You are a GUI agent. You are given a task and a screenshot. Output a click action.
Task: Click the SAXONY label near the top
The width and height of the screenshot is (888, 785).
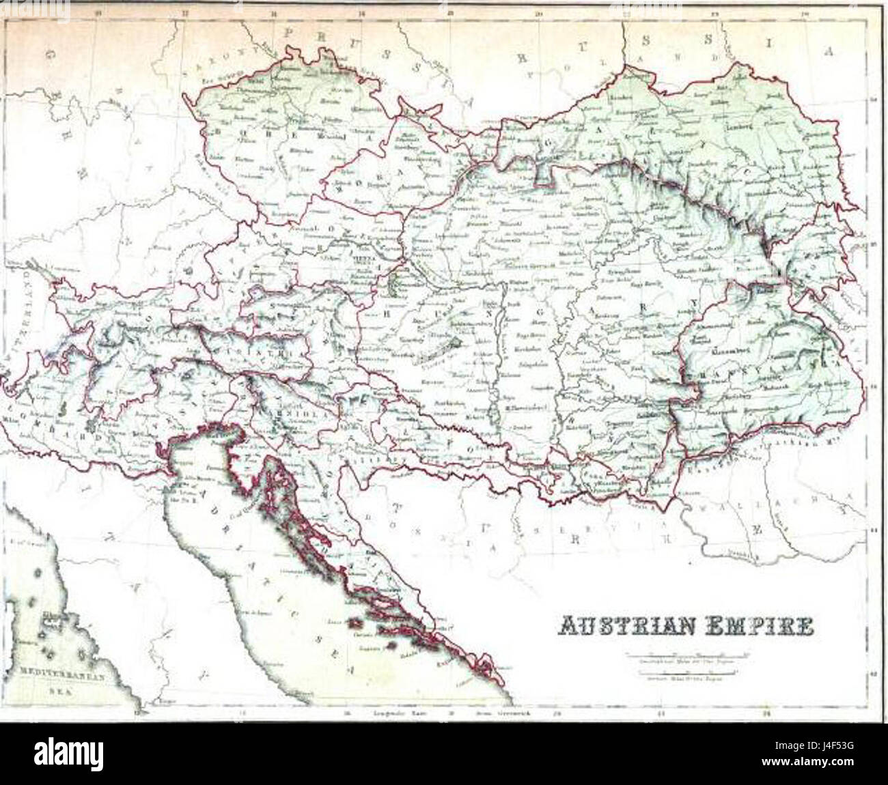tap(202, 66)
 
